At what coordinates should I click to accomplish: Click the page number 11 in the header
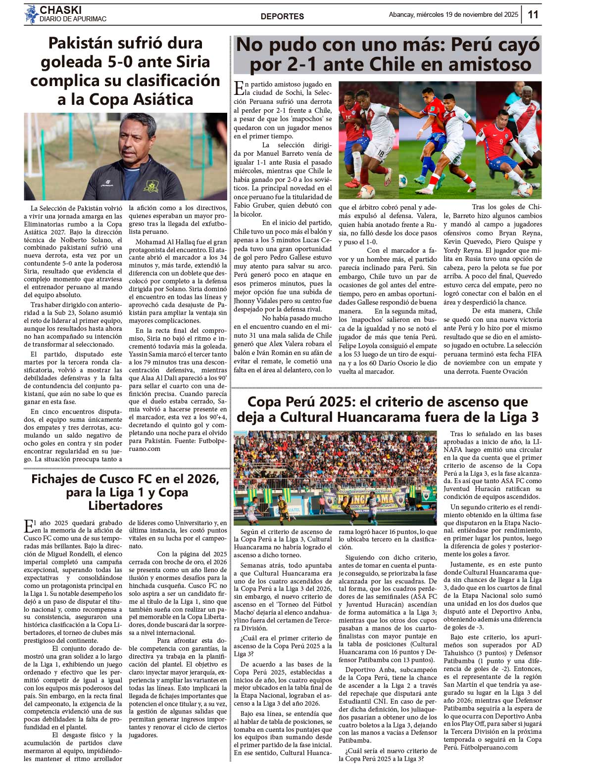coord(533,14)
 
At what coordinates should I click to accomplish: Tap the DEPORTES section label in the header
coord(282,16)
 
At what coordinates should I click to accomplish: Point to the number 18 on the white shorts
coord(380,154)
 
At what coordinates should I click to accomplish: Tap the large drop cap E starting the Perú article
coord(239,88)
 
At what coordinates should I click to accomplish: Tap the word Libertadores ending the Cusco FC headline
coord(125,505)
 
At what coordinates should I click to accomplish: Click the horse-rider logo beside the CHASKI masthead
coord(31,14)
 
